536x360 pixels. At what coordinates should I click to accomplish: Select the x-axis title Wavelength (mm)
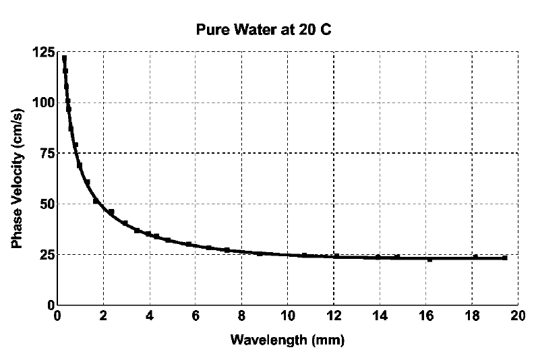(x=287, y=340)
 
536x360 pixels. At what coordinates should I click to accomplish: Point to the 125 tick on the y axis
(x=42, y=52)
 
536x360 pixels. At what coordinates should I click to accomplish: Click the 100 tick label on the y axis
(x=42, y=102)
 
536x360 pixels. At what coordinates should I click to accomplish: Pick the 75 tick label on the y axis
(x=45, y=153)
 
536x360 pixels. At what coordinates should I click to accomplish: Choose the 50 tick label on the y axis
(x=45, y=204)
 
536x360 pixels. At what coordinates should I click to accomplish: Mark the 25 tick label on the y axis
(x=45, y=254)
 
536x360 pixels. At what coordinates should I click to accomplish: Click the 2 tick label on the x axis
(x=103, y=316)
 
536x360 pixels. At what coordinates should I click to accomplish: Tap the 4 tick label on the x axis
(x=149, y=316)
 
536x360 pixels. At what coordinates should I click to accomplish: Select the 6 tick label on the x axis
(x=196, y=316)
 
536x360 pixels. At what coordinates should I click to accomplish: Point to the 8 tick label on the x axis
(x=241, y=316)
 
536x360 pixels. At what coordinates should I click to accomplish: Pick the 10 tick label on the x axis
(x=287, y=316)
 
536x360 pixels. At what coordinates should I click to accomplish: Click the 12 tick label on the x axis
(x=334, y=316)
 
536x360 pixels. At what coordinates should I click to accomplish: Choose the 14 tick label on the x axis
(x=380, y=316)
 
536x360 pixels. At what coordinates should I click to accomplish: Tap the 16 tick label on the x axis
(x=425, y=316)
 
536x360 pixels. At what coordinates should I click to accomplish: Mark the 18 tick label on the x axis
(x=472, y=316)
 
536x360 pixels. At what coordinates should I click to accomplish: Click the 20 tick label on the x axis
(x=518, y=316)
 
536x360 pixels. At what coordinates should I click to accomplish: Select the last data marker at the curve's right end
(x=505, y=258)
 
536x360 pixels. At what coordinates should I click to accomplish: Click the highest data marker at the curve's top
(x=64, y=59)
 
